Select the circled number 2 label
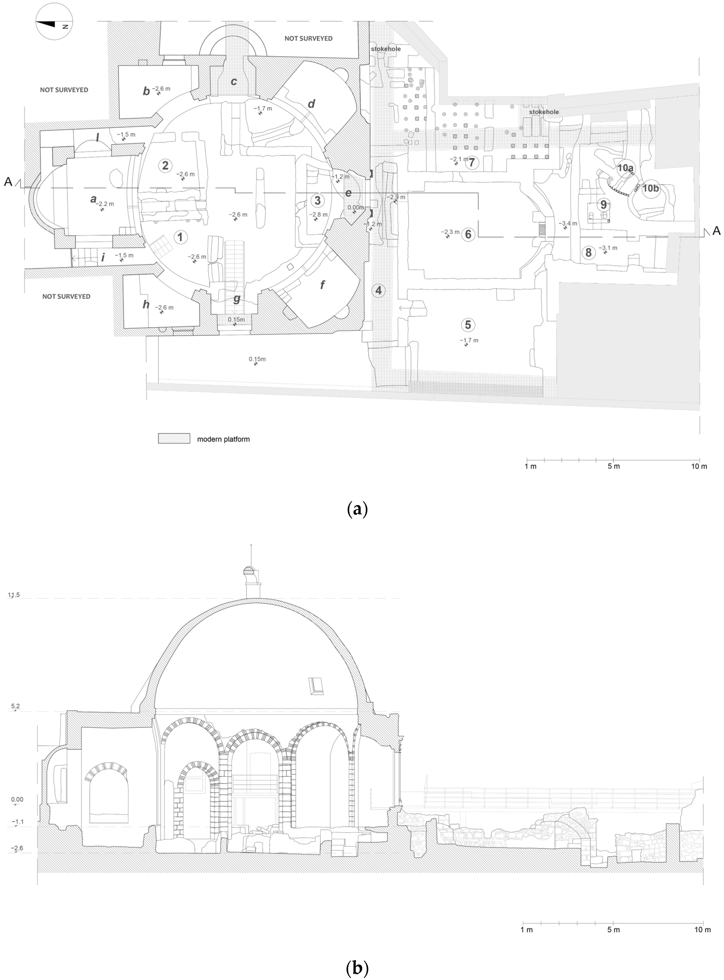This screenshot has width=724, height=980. point(165,165)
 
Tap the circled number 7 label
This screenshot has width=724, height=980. point(588,252)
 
